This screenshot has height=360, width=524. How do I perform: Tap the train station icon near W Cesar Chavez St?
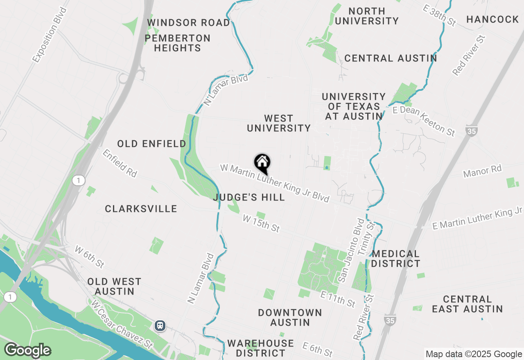(x=160, y=325)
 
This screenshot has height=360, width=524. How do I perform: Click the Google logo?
(x=27, y=350)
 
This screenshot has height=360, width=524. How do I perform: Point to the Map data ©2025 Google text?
(x=474, y=354)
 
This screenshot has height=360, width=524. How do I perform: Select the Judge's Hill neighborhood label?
(x=249, y=197)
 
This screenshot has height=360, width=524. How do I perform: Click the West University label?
(x=279, y=123)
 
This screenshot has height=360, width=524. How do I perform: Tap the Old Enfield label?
(x=151, y=144)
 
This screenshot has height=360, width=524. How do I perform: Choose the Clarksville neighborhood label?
(x=141, y=209)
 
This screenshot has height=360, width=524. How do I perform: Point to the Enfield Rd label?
(x=120, y=163)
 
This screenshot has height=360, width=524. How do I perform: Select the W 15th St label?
(x=261, y=223)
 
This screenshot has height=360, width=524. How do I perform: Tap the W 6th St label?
(x=90, y=256)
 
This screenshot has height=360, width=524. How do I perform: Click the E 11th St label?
(x=338, y=299)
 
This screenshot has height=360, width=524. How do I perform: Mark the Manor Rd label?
(x=482, y=171)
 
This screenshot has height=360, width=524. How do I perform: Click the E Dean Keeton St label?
(x=424, y=121)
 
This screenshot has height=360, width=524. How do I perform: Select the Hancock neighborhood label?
(x=492, y=19)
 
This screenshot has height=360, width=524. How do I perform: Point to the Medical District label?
(x=395, y=259)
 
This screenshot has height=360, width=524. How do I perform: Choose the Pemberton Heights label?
(x=178, y=43)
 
